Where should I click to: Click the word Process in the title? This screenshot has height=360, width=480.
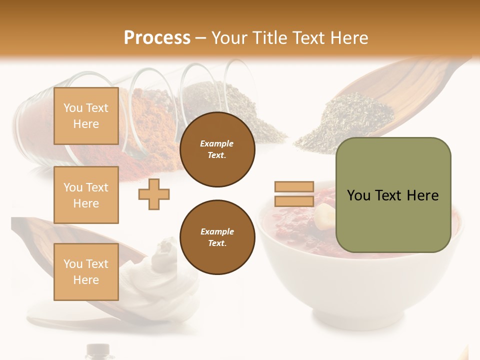click(x=157, y=38)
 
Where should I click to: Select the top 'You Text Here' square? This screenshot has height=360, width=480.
click(x=86, y=116)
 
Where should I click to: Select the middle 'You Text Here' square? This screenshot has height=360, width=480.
click(x=86, y=195)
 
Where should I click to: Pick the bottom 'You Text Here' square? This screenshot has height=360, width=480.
click(x=86, y=271)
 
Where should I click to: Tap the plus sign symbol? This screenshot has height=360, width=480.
click(x=154, y=194)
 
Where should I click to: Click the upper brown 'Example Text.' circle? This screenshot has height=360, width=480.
click(x=217, y=149)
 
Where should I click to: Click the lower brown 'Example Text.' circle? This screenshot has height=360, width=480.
click(x=217, y=237)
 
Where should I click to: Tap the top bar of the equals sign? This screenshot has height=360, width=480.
click(x=294, y=187)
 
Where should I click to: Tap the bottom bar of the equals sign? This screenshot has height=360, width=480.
click(x=294, y=201)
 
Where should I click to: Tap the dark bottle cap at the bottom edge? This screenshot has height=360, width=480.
click(x=98, y=350)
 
